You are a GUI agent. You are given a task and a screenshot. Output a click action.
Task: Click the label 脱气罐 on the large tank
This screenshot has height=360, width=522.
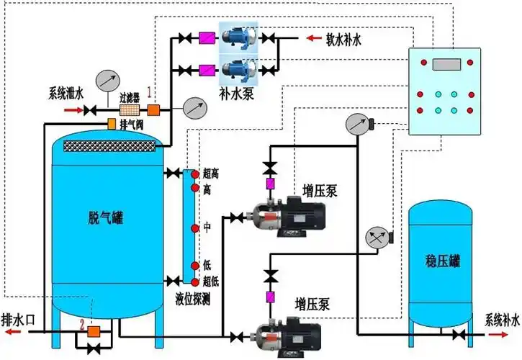point(105,217)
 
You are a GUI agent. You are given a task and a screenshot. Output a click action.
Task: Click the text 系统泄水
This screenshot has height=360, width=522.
point(67,93)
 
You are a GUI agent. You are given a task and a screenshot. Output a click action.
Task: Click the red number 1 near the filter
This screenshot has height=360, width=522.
point(150,92)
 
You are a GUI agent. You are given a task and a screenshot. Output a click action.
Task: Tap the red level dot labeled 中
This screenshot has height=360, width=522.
point(194,228)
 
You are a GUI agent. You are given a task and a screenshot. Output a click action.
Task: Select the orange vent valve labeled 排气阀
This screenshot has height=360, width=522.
point(111,124)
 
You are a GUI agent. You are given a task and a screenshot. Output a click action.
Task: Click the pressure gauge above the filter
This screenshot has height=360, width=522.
point(109,80)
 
